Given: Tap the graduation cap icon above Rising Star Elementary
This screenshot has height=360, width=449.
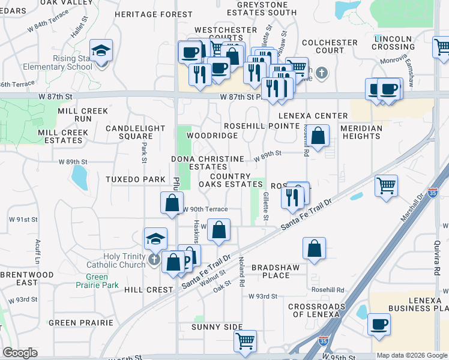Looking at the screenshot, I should point(101,50).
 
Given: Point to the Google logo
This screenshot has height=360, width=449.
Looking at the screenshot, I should point(19,353).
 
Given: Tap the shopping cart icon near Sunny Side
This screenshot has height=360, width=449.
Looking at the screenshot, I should point(245,341).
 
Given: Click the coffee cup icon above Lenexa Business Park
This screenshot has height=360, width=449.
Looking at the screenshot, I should point(379,324).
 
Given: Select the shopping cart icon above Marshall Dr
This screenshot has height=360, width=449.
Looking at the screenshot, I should point(387,184).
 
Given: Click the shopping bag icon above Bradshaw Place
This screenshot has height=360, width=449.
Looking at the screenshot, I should point(314,248).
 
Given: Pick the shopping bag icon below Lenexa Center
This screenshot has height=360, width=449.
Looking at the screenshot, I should point(319,136).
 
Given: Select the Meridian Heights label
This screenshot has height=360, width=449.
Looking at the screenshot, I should point(361,132).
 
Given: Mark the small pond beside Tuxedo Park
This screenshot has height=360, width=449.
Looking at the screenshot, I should point(79,176).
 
